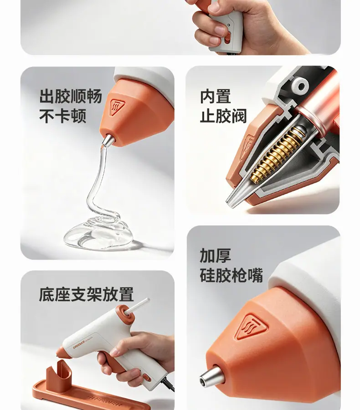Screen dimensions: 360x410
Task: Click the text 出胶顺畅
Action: (71, 97)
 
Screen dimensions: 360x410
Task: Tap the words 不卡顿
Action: (63, 116)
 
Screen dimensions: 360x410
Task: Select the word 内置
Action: (216, 97)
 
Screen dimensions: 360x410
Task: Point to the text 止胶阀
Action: (223, 116)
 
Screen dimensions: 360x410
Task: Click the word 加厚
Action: (216, 256)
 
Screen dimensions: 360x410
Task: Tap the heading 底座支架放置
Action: (86, 294)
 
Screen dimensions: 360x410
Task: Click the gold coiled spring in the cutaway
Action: (276, 154)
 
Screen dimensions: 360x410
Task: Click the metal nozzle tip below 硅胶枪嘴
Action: (211, 377)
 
